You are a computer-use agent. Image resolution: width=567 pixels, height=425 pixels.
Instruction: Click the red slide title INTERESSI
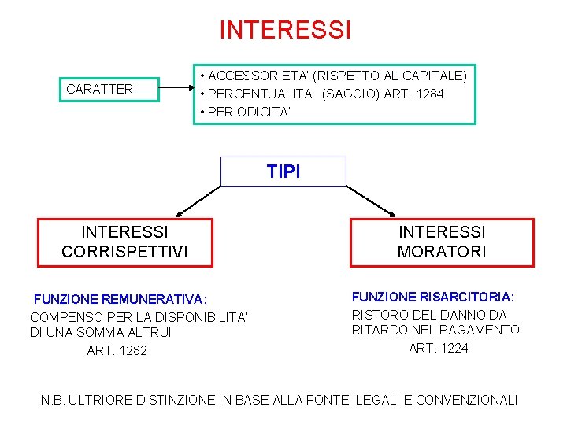click(285, 30)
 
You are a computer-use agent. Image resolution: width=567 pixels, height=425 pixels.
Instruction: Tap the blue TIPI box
click(283, 172)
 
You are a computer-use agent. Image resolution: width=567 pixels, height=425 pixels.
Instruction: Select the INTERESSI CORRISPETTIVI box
click(125, 242)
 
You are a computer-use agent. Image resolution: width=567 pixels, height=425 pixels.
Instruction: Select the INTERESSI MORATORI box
click(442, 242)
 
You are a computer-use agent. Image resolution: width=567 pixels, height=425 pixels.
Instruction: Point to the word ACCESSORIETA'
click(259, 76)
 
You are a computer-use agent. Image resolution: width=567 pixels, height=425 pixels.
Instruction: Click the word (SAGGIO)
click(352, 94)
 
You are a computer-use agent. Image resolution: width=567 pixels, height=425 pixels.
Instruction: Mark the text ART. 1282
click(117, 350)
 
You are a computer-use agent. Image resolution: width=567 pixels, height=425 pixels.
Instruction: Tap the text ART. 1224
click(439, 348)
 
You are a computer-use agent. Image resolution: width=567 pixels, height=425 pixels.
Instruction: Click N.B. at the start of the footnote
click(53, 400)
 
